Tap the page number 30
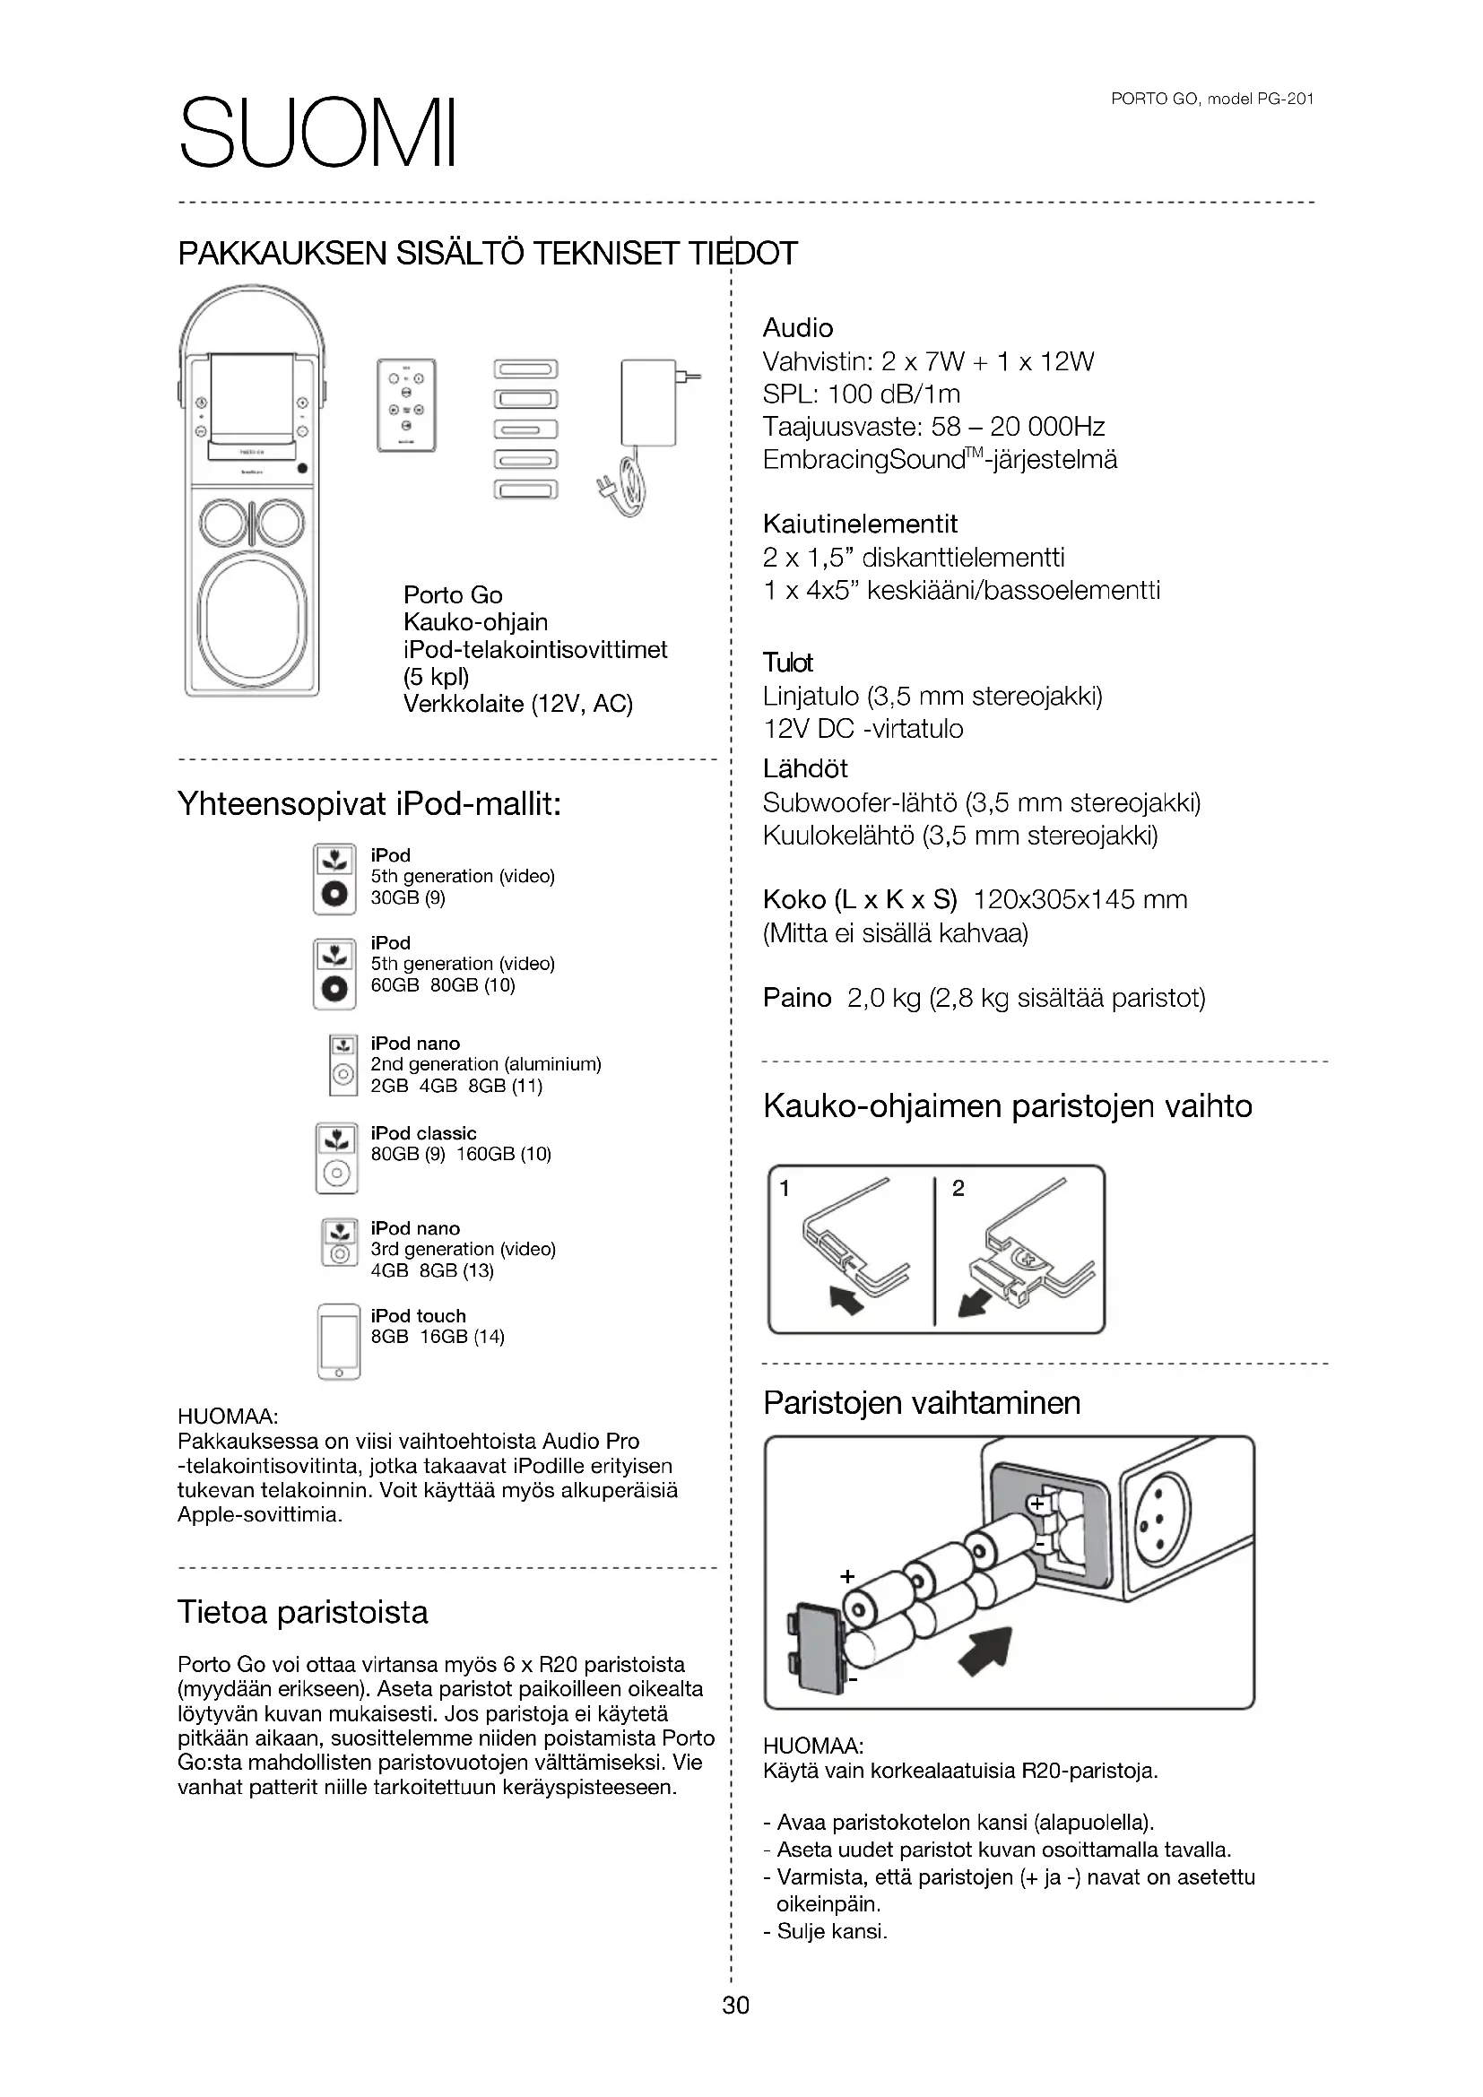[735, 2005]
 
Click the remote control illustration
[406, 404]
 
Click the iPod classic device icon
[336, 1159]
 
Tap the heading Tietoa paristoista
[302, 1612]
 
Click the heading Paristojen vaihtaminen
[922, 1402]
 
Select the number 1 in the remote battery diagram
[785, 1188]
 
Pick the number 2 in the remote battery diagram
[958, 1188]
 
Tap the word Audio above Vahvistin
[797, 328]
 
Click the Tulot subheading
[787, 663]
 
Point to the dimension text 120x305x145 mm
[1080, 899]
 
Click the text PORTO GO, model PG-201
[1212, 100]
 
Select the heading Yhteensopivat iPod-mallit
[369, 803]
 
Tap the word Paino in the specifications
[796, 997]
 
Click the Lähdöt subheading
[804, 768]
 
